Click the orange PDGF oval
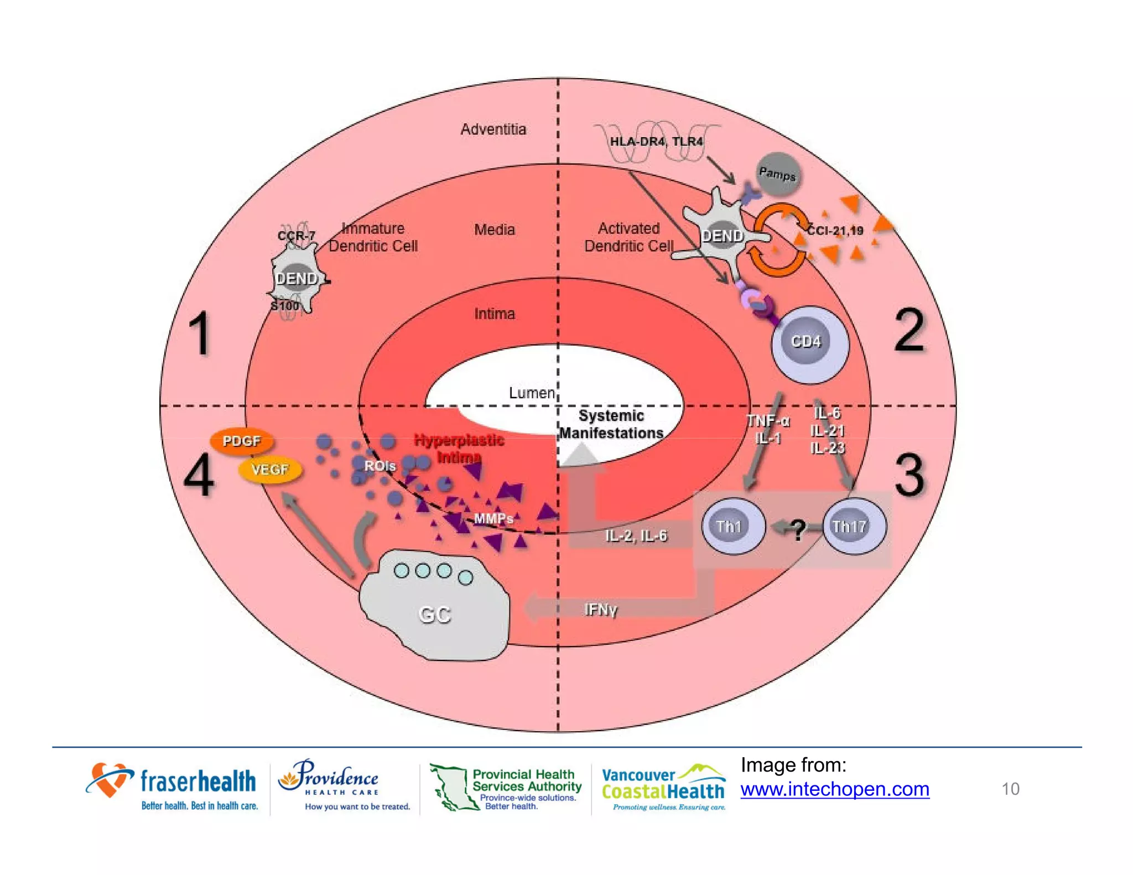coord(242,441)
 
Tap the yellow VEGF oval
coord(270,470)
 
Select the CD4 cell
coord(808,343)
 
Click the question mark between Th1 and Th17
coord(797,529)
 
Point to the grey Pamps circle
coord(778,174)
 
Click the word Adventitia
coord(493,129)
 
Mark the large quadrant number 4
coord(199,475)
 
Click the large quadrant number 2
coord(909,331)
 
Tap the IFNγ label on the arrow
coord(600,610)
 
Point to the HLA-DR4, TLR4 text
coord(656,142)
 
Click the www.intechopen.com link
coord(834,789)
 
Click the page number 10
coord(1010,789)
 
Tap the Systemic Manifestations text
coord(611,424)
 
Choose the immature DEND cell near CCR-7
coord(295,279)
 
